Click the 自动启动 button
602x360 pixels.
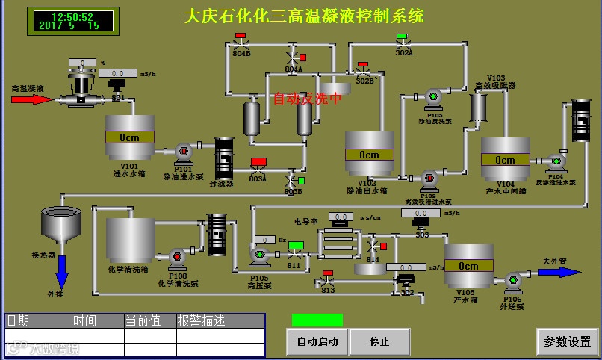pyautogui.click(x=317, y=342)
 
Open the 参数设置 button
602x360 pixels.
pyautogui.click(x=567, y=342)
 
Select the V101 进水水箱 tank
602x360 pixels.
pyautogui.click(x=129, y=138)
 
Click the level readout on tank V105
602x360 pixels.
pyautogui.click(x=468, y=266)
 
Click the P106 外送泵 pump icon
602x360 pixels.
pyautogui.click(x=513, y=281)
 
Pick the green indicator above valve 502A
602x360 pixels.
pyautogui.click(x=402, y=37)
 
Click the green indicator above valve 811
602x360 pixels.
pyautogui.click(x=295, y=246)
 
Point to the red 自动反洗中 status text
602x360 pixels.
pyautogui.click(x=307, y=98)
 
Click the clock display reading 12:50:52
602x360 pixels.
pyautogui.click(x=72, y=16)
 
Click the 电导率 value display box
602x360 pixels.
pyautogui.click(x=341, y=217)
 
